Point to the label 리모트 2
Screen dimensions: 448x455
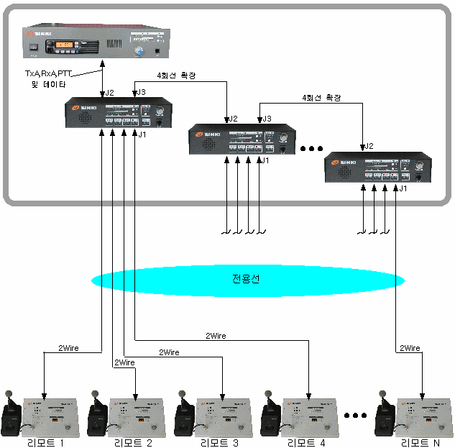[133, 443]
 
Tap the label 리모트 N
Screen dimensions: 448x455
[420, 443]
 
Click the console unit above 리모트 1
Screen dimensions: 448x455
[55, 417]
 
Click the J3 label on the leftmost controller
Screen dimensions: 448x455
[141, 92]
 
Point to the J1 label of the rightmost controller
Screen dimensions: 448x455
[403, 188]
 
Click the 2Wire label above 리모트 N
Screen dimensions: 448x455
[409, 348]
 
